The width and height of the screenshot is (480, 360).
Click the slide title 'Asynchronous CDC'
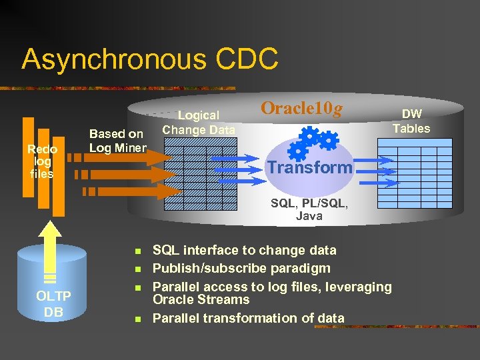click(149, 59)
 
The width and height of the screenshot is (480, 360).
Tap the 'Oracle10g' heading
click(301, 108)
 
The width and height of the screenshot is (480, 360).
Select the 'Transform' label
click(309, 167)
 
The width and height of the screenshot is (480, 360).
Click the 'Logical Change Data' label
click(199, 123)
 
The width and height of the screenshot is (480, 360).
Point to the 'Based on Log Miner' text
click(117, 141)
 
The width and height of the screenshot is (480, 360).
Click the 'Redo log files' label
click(42, 161)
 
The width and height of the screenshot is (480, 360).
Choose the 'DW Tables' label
click(411, 121)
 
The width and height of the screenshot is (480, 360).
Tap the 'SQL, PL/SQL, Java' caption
click(309, 209)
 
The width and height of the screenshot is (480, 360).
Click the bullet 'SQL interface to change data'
click(244, 251)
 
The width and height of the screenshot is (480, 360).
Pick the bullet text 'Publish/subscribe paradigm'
click(241, 269)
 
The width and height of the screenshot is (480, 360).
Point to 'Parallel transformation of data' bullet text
click(248, 318)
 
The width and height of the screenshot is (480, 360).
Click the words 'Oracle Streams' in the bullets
click(201, 299)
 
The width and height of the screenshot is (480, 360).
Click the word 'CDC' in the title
click(247, 59)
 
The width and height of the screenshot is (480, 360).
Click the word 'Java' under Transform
click(309, 215)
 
